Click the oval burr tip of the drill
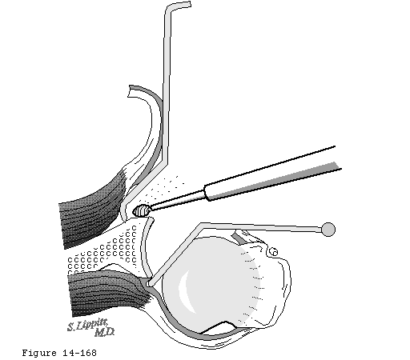(x=142, y=210)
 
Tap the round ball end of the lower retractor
(x=328, y=230)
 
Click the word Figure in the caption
(x=39, y=353)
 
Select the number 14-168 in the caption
(x=79, y=353)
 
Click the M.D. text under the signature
(x=104, y=332)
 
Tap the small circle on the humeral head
(x=273, y=251)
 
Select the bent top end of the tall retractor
(x=179, y=6)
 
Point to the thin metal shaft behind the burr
(x=178, y=199)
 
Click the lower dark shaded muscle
(x=107, y=292)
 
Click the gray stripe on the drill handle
(x=275, y=182)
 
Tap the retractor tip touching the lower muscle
(x=150, y=283)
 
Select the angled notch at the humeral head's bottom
(x=219, y=327)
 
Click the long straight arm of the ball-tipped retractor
(x=262, y=226)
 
